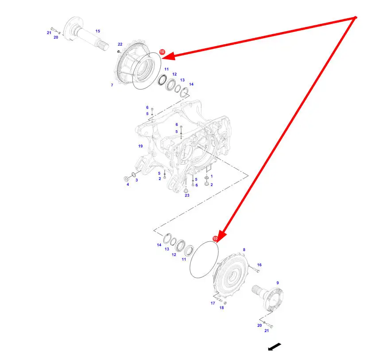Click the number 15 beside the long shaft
point(98,31)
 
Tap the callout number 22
point(120,44)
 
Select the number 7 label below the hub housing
point(112,85)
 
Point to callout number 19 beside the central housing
point(140,146)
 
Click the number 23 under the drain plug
point(187,195)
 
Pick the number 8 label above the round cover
point(244,250)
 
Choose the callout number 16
point(259,265)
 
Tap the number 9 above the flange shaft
point(278,283)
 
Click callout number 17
point(213,303)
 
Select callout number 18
point(222,308)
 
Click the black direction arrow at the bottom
point(275,347)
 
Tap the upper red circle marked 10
point(162,52)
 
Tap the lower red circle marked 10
point(215,239)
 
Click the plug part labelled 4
point(126,179)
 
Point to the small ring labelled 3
point(133,174)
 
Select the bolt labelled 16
point(254,269)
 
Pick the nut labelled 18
point(225,303)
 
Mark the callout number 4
point(128,185)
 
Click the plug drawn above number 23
point(186,190)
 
